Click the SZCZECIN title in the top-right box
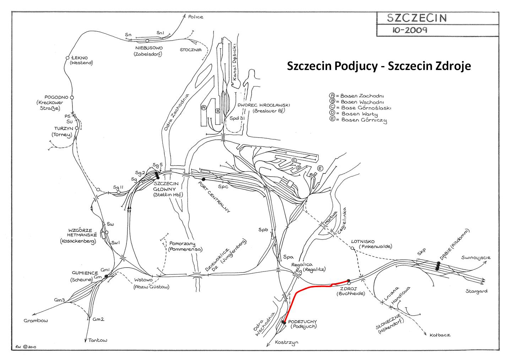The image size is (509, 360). pos(417,18)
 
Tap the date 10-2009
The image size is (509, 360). pos(410,30)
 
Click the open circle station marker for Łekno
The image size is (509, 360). pos(67,58)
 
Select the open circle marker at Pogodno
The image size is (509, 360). pos(72,97)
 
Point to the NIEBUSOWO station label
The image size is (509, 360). pos(149,48)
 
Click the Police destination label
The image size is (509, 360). pos(196,17)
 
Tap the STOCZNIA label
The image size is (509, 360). pos(191,50)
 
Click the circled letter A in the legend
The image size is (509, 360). pos(332,95)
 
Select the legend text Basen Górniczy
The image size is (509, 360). pos(364,120)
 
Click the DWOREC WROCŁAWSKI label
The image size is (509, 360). pos(264,105)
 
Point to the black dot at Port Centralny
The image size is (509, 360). pos(204,179)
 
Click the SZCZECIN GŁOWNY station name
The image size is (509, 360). pos(166,186)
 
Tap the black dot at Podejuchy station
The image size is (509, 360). pos(283,322)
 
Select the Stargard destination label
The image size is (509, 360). pos(476,291)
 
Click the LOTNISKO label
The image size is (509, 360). pos(363,241)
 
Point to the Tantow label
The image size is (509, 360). pos(97,340)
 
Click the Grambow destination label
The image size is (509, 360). pos(36,321)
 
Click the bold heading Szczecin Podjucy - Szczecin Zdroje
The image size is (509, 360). pos(379,66)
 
